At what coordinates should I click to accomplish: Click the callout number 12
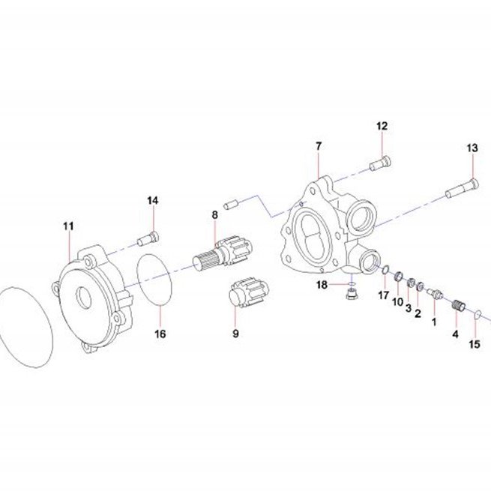point(382,126)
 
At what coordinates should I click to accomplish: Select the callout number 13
point(472,148)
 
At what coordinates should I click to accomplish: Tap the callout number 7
point(319,146)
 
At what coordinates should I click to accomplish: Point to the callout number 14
point(153,201)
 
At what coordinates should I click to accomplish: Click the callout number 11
point(68,226)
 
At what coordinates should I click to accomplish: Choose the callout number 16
point(160,334)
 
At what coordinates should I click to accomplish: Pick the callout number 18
point(322,285)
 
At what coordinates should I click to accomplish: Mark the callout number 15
point(475,345)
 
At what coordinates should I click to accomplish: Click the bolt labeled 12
point(381,163)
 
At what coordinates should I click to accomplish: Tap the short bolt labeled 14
point(148,239)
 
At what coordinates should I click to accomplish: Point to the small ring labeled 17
point(386,269)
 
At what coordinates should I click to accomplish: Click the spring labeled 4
point(460,305)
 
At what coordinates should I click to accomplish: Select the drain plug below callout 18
point(352,294)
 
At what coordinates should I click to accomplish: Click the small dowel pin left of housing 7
point(232,205)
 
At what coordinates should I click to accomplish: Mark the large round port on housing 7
point(361,219)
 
